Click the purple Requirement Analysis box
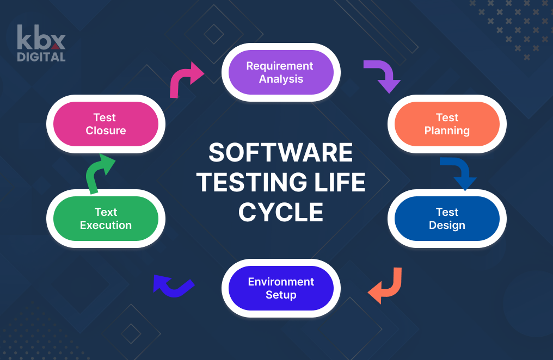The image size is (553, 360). click(280, 72)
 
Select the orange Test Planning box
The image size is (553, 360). click(447, 124)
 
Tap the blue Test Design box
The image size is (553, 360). click(447, 219)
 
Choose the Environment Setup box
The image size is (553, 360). click(281, 288)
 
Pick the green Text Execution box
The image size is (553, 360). click(106, 219)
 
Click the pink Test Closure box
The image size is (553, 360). click(106, 124)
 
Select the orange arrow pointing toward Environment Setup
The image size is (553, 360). click(387, 286)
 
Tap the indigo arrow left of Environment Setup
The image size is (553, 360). click(172, 286)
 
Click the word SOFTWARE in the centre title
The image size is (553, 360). click(281, 153)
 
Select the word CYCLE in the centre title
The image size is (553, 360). click(281, 212)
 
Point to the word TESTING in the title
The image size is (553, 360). click(256, 183)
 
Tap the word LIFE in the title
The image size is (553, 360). click(341, 183)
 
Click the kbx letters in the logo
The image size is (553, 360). click(41, 38)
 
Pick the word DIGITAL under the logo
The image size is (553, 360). click(41, 57)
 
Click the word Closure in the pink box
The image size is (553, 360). click(106, 131)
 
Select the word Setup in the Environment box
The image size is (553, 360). click(281, 295)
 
